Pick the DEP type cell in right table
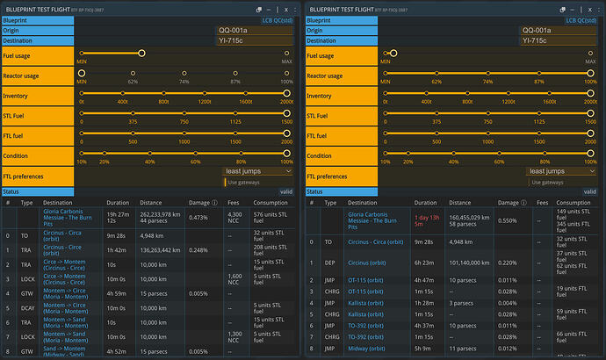coord(330,261)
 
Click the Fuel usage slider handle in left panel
coord(141,53)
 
